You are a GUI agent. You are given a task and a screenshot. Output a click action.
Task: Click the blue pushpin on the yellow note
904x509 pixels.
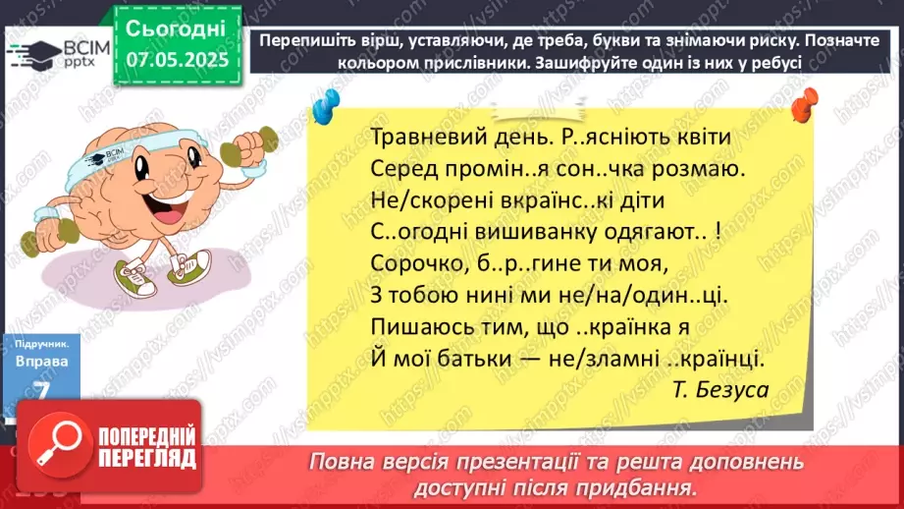click(327, 102)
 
